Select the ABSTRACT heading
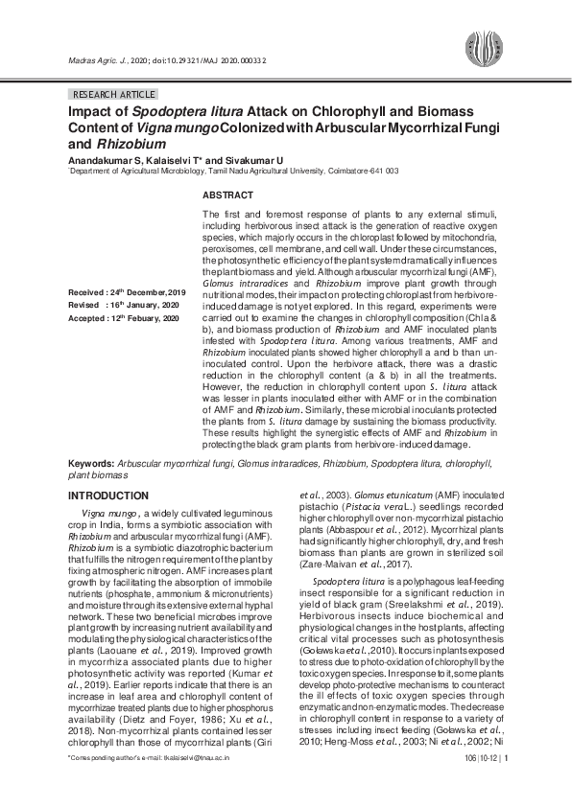227,195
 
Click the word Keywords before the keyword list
90,462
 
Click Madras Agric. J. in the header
98,60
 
